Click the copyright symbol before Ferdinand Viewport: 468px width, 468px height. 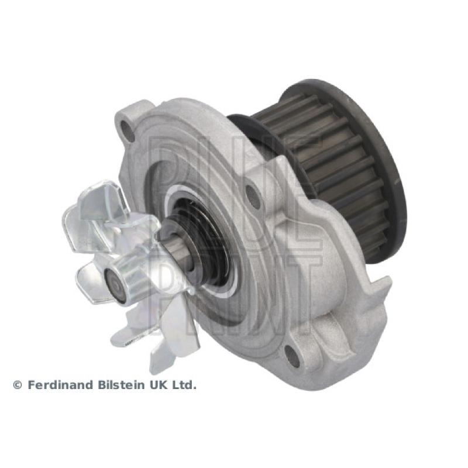(18, 386)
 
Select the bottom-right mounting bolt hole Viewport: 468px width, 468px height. (292, 355)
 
